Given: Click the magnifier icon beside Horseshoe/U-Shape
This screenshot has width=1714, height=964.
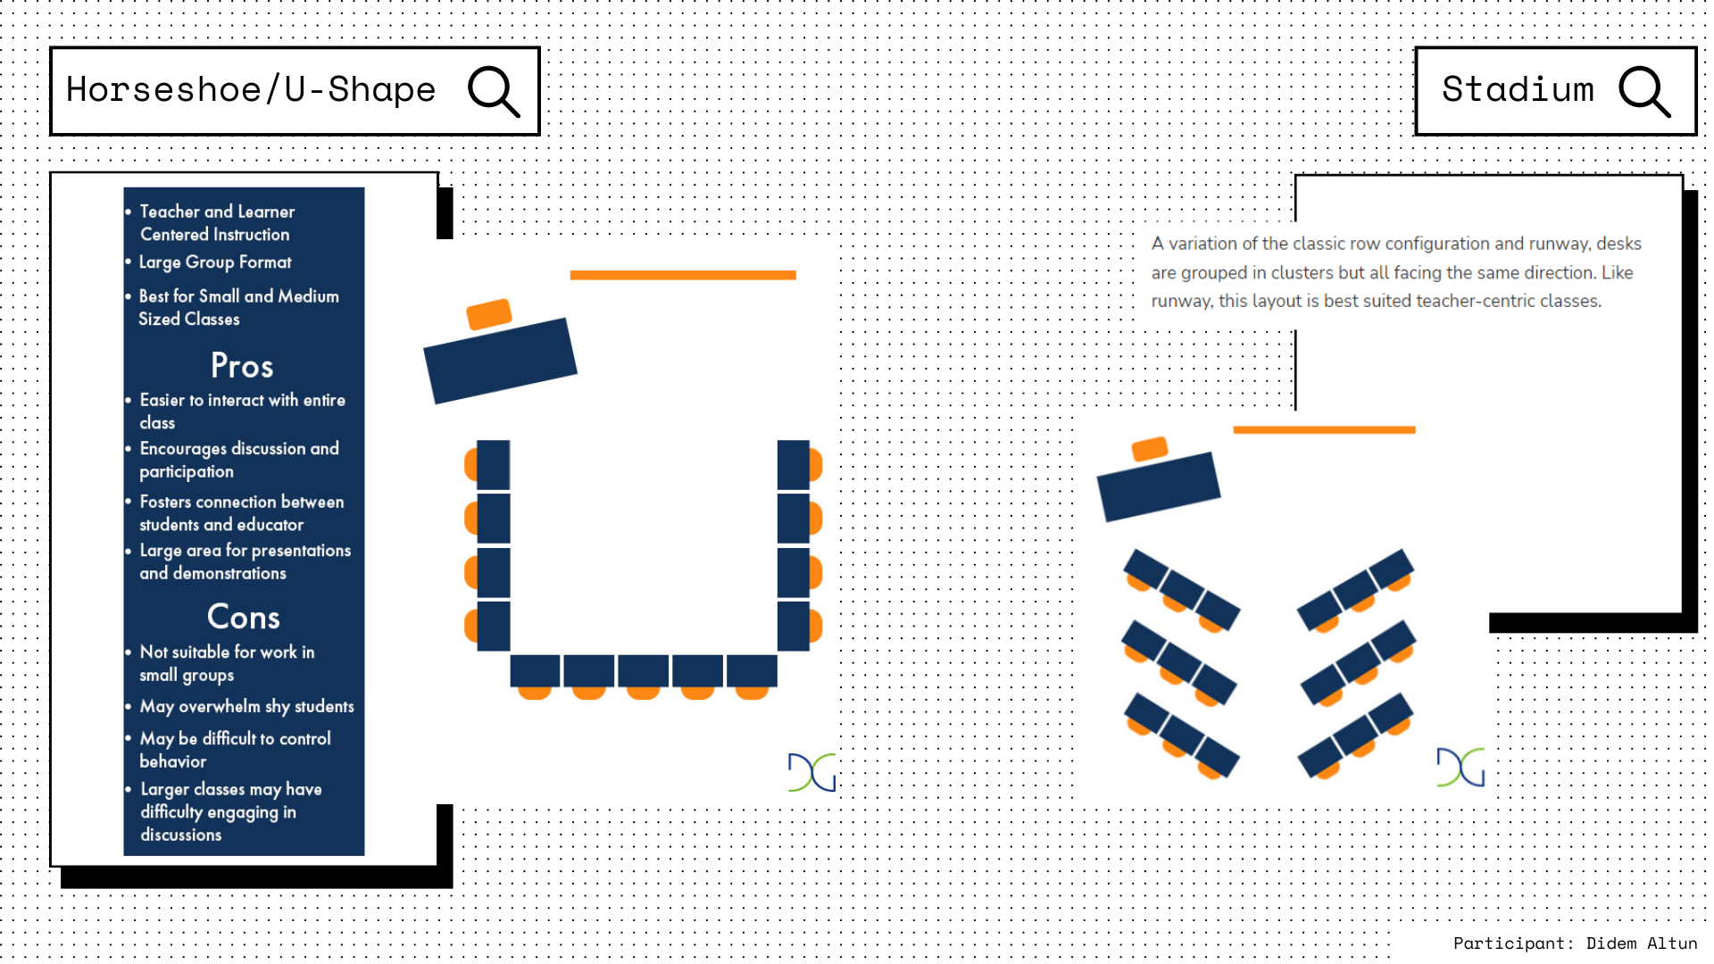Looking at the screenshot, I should (x=493, y=91).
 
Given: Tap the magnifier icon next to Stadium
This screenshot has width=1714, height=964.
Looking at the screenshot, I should (x=1643, y=91).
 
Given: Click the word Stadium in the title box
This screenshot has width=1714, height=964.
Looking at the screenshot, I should (x=1518, y=90).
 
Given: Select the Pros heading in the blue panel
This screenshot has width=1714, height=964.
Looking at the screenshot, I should (x=242, y=366).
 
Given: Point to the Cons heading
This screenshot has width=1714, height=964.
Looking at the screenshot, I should (x=243, y=617).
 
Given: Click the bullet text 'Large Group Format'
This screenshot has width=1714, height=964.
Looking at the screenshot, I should (x=215, y=262).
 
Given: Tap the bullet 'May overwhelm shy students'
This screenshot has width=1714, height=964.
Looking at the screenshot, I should (x=246, y=706).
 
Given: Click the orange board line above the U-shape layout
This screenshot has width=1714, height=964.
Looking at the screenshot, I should (x=683, y=275).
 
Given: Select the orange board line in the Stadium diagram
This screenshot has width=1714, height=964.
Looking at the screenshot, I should (x=1324, y=430).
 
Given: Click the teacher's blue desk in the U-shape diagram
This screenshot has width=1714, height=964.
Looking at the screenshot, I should (x=500, y=361).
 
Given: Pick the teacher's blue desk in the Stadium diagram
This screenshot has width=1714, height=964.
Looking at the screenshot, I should (x=1158, y=486).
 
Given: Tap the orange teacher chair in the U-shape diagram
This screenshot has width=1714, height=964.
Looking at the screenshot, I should (x=489, y=313).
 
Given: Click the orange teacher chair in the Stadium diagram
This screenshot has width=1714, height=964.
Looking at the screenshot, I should (x=1150, y=448).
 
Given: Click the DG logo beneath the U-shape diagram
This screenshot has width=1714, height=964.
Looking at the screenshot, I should (x=811, y=772).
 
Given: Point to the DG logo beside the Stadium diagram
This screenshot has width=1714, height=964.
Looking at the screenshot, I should (x=1460, y=767).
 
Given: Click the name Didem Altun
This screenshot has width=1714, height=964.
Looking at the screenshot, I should (x=1641, y=943).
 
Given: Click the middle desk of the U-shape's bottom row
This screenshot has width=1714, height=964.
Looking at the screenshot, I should (x=643, y=671).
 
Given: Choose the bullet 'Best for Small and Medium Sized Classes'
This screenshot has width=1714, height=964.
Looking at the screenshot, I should (x=238, y=308).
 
